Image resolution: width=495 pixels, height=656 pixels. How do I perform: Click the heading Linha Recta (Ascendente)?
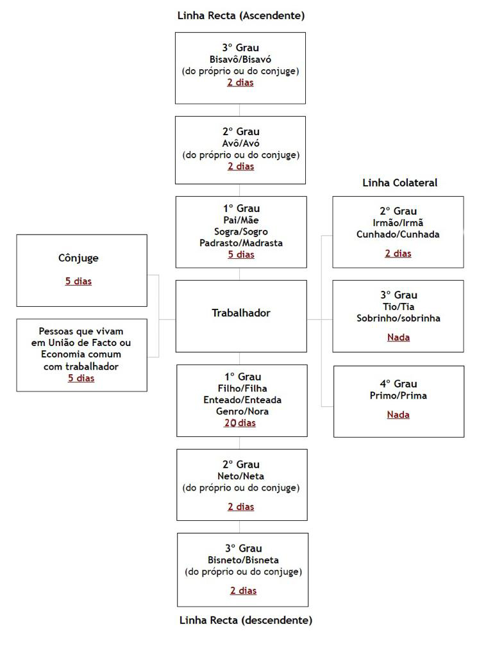pos(241,16)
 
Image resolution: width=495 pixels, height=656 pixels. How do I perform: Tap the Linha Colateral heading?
pos(399,183)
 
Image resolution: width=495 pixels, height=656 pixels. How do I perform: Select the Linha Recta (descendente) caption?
pos(246,620)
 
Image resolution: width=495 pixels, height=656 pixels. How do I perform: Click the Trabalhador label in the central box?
pos(241,313)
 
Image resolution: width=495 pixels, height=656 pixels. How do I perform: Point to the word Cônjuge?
pos(78,258)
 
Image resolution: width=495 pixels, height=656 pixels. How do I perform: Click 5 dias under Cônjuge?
pos(78,281)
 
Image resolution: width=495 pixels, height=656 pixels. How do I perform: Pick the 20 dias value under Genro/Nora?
pos(240,423)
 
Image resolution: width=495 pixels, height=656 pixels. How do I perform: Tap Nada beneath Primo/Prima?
pos(398,414)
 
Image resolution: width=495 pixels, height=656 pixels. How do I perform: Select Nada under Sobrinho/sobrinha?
pos(398,337)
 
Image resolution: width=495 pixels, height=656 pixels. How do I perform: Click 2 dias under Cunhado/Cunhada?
pos(398,253)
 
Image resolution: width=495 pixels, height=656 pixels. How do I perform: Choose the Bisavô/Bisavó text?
pos(240,60)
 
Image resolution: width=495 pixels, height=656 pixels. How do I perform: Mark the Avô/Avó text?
pos(241,143)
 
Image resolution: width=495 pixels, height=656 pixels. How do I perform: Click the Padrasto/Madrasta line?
pos(241,243)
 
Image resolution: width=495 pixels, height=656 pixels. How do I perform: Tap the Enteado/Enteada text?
pos(242,400)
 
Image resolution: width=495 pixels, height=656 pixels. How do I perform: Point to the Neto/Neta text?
pos(241,476)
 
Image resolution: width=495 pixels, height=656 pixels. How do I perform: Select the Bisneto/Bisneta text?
pos(243,560)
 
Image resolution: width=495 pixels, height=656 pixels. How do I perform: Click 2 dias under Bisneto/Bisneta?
pos(243,590)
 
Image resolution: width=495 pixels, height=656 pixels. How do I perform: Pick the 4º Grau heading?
pos(398,384)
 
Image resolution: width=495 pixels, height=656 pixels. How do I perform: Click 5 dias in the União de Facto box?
pos(81,378)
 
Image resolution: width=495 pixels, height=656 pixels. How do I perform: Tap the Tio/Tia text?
pos(398,306)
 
